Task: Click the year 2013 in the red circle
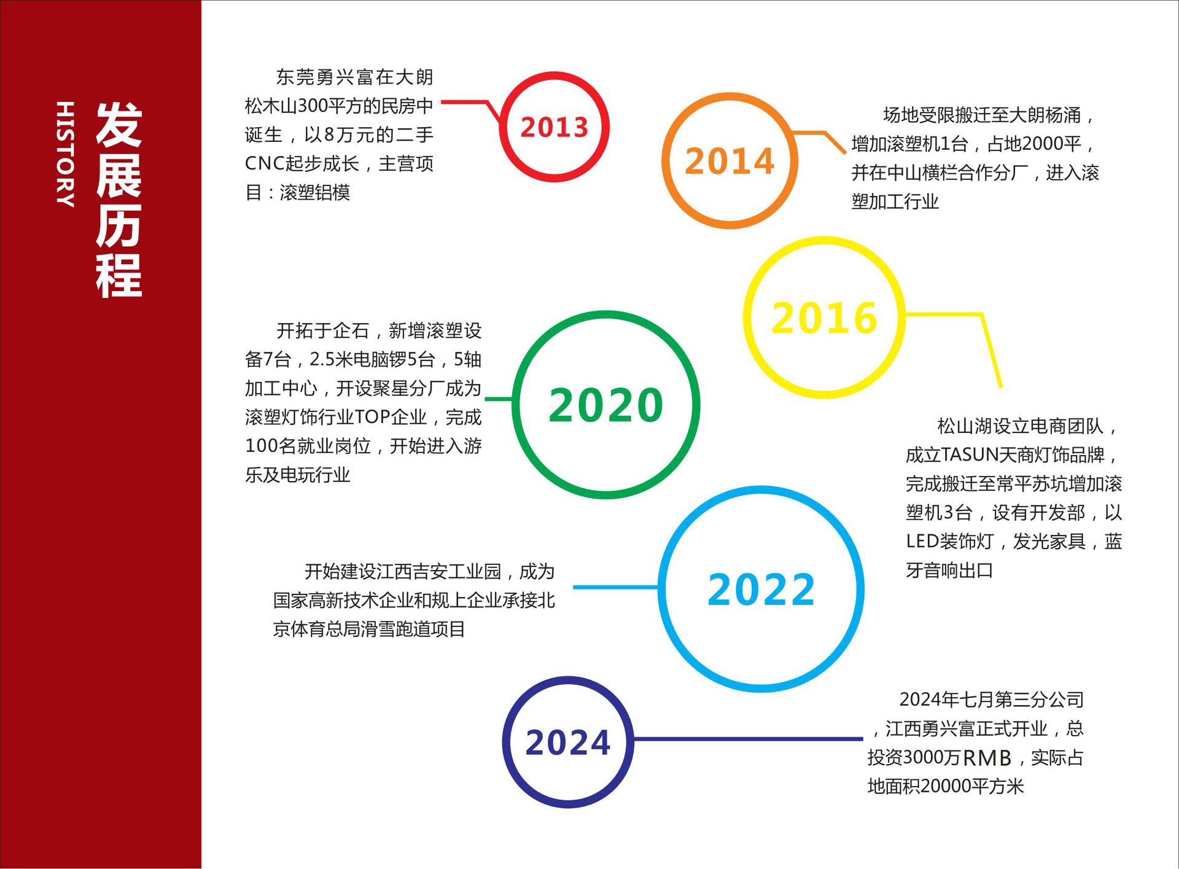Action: coord(554,127)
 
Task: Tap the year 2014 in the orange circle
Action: coord(730,161)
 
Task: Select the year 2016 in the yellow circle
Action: coord(824,318)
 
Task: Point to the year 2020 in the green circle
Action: coord(605,405)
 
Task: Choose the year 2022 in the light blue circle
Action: coord(761,590)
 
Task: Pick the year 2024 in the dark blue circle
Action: coord(568,742)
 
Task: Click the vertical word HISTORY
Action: coord(65,154)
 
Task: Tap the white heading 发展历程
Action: coord(119,200)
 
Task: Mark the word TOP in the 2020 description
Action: coord(372,417)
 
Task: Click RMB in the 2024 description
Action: coord(987,758)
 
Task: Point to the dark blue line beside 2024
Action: coord(748,739)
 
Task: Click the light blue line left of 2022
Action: coord(616,587)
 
